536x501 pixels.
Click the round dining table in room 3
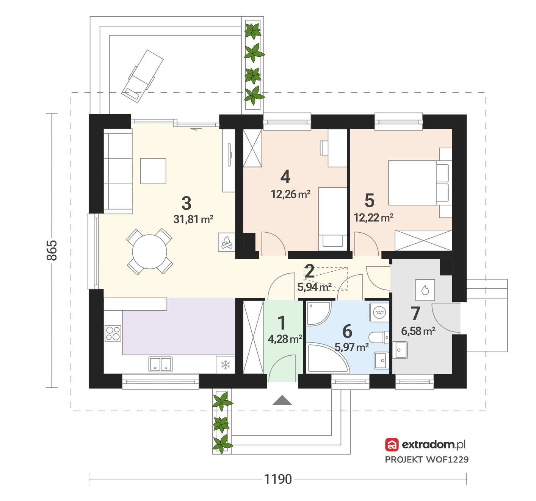coord(149,252)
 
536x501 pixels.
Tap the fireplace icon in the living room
coord(226,242)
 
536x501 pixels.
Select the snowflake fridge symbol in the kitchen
coord(226,365)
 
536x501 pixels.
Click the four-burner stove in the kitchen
coord(113,333)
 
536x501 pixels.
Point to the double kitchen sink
coord(161,364)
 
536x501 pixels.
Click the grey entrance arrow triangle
coord(282,400)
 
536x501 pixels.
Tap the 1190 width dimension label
coord(278,479)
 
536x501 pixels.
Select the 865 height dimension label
coord(52,250)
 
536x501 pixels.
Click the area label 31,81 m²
coord(193,219)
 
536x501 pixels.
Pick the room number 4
coord(285,177)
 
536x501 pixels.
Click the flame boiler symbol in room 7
coord(425,290)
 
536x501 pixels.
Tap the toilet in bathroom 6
coord(379,338)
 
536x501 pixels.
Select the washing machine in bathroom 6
coord(379,312)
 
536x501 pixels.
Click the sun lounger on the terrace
coord(142,76)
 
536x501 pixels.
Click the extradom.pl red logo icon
coord(392,445)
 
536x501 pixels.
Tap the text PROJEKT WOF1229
coord(427,460)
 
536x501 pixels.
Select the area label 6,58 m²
coord(418,331)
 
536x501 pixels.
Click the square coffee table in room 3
coord(153,171)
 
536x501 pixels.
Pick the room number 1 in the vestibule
coord(282,323)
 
